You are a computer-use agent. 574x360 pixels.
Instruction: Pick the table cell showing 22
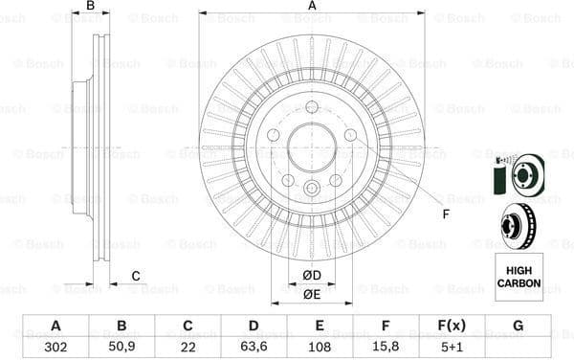coord(188,347)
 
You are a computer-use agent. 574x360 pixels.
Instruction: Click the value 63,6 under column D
coord(253,347)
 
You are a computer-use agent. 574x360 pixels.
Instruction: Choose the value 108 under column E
coord(319,347)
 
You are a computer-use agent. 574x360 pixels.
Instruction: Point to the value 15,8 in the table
coord(386,347)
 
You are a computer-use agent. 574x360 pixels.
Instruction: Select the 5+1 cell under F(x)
coord(451,347)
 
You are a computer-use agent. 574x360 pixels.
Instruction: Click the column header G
coord(518,326)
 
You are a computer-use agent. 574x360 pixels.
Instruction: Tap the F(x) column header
coord(451,326)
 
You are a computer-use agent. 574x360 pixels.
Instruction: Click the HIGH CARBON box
coord(519,278)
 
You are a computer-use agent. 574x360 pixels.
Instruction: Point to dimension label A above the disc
coord(312,6)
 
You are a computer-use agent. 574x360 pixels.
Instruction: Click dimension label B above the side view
coord(91,6)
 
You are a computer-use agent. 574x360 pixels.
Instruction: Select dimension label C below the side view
coord(135,277)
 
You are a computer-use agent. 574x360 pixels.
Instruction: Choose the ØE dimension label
coord(311,295)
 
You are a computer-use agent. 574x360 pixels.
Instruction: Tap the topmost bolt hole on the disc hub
coord(312,106)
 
